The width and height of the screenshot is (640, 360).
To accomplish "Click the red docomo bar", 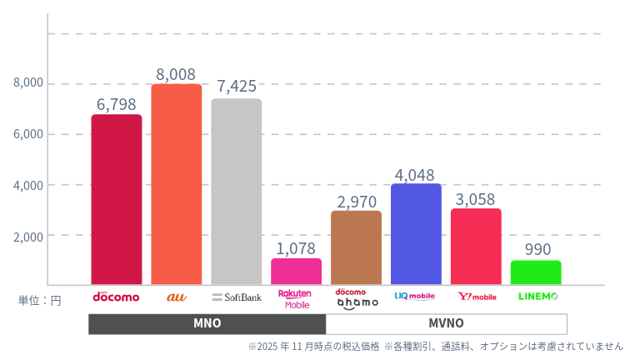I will [117, 200].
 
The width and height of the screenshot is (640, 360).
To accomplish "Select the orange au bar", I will [176, 184].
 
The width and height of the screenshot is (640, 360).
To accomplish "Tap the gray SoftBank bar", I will [236, 192].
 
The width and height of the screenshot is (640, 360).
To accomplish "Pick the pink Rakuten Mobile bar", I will [296, 272].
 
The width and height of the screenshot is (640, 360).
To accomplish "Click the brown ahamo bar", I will [356, 247].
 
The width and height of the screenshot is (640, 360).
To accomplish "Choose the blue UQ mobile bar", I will [416, 234].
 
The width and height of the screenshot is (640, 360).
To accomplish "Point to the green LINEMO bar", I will [536, 272].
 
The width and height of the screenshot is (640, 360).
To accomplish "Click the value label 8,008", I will [176, 74].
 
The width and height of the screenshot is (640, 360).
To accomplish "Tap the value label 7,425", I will [236, 87].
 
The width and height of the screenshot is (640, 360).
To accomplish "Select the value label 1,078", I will [296, 247].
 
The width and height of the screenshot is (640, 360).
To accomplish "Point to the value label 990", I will [536, 249].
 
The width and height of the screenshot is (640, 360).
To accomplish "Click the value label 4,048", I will [416, 174].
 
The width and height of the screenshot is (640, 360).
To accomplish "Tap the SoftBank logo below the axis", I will [237, 297].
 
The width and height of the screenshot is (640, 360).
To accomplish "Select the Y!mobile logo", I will [477, 297].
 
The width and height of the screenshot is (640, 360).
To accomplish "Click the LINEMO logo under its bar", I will [537, 297].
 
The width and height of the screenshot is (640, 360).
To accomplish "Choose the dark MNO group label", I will [207, 323].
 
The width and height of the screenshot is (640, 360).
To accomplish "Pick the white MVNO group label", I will [446, 323].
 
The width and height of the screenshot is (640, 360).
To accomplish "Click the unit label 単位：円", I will [40, 300].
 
